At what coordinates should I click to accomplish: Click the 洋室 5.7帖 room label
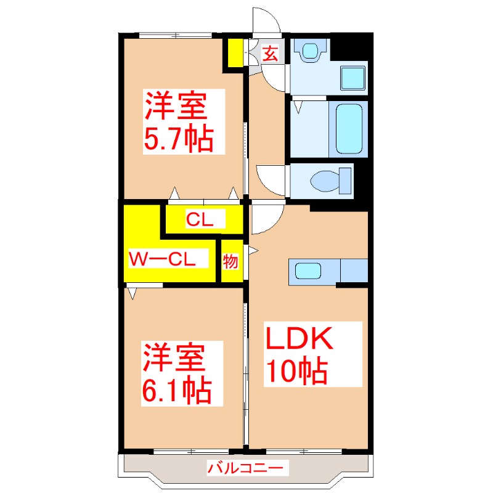pos(178,121)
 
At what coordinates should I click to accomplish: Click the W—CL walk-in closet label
pos(161,259)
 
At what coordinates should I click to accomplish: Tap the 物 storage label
pos(230,261)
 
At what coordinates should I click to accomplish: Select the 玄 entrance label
pos(270,53)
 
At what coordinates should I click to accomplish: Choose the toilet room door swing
pos(271,181)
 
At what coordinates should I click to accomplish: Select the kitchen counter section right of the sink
pos(354,270)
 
